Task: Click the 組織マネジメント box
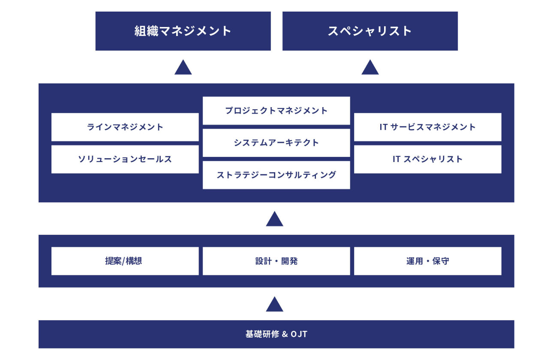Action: pyautogui.click(x=183, y=31)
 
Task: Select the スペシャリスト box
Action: pyautogui.click(x=370, y=31)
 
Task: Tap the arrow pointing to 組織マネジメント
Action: pyautogui.click(x=183, y=68)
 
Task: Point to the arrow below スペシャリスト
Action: pyautogui.click(x=370, y=68)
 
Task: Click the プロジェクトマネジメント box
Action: pyautogui.click(x=276, y=111)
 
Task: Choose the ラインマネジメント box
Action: pyautogui.click(x=125, y=127)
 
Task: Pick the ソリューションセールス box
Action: pyautogui.click(x=125, y=159)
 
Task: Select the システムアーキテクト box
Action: pyautogui.click(x=276, y=143)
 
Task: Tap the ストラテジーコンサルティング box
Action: pyautogui.click(x=276, y=175)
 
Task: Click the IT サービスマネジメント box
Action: pyautogui.click(x=427, y=127)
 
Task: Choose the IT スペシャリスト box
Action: pyautogui.click(x=427, y=159)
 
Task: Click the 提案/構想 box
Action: pyautogui.click(x=125, y=261)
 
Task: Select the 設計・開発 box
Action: pyautogui.click(x=276, y=261)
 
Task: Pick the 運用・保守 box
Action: pyautogui.click(x=427, y=261)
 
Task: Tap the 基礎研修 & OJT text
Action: pyautogui.click(x=276, y=334)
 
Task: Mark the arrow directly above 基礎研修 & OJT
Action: pyautogui.click(x=275, y=305)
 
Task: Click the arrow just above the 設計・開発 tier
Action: pyautogui.click(x=275, y=219)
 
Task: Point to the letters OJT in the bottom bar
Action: pyautogui.click(x=299, y=334)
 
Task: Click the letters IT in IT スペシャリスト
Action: pyautogui.click(x=396, y=159)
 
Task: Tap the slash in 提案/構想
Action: pyautogui.click(x=124, y=261)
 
